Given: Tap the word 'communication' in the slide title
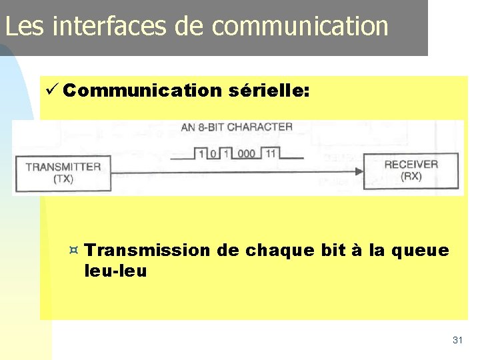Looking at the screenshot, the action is [300, 26].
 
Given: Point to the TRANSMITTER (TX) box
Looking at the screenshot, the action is [63, 172].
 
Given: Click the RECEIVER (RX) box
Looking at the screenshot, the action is [411, 170].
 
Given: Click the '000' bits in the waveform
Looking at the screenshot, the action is [246, 153].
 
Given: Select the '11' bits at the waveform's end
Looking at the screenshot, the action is [270, 153].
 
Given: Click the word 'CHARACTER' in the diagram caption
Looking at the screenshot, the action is [259, 127].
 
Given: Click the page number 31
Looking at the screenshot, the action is [457, 340].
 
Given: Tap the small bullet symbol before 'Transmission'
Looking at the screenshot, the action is [74, 251].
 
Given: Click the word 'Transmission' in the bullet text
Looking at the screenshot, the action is [147, 251].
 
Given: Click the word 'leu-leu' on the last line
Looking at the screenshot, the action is [116, 271].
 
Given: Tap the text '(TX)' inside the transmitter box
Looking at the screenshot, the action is [63, 179].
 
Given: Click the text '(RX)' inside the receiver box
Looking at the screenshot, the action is [411, 176].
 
